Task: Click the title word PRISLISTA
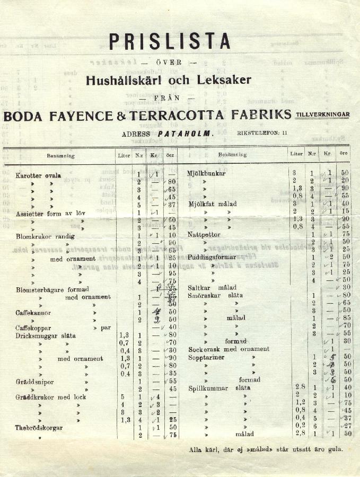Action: [x=170, y=41]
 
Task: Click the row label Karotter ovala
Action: [x=38, y=175]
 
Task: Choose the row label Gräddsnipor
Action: [x=34, y=381]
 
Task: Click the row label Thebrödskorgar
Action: [x=39, y=427]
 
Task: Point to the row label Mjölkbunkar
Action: [x=206, y=173]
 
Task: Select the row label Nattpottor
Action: [x=204, y=234]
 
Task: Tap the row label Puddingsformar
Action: [x=212, y=257]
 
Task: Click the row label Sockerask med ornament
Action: [x=229, y=349]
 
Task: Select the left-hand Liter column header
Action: [x=124, y=156]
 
